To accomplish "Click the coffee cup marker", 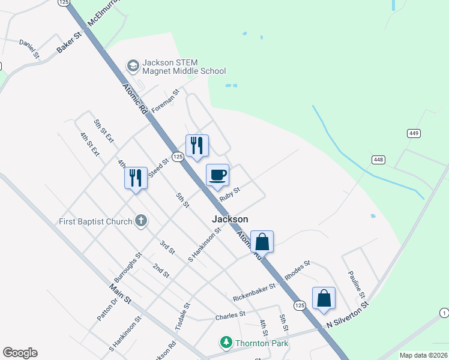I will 217,176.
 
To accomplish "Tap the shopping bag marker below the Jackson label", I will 262,242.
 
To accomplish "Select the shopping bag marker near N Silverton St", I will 324,298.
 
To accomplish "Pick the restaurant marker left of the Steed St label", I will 136,178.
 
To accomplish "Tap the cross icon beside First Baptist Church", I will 141,221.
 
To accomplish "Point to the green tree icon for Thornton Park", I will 226,343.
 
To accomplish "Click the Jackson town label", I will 230,220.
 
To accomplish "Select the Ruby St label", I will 229,193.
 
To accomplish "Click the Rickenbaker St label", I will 254,292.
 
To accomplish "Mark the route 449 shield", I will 414,133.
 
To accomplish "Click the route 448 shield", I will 378,160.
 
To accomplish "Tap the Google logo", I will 20,353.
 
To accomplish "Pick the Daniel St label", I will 29,49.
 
